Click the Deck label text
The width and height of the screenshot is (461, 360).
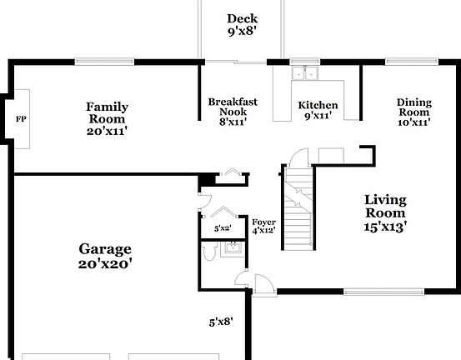click(242, 19)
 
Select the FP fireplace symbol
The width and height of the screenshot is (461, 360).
click(21, 118)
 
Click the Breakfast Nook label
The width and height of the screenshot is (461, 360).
click(233, 102)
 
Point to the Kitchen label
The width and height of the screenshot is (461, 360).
click(318, 106)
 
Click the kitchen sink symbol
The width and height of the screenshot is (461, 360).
click(305, 73)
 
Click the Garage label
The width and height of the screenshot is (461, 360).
click(105, 248)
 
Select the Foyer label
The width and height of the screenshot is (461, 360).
click(263, 222)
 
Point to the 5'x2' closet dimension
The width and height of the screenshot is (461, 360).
click(222, 227)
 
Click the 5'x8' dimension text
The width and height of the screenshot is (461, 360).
click(221, 320)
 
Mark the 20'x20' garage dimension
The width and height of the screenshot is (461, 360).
click(105, 264)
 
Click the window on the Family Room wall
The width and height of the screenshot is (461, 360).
click(103, 61)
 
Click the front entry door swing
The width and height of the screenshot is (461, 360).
click(263, 284)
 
